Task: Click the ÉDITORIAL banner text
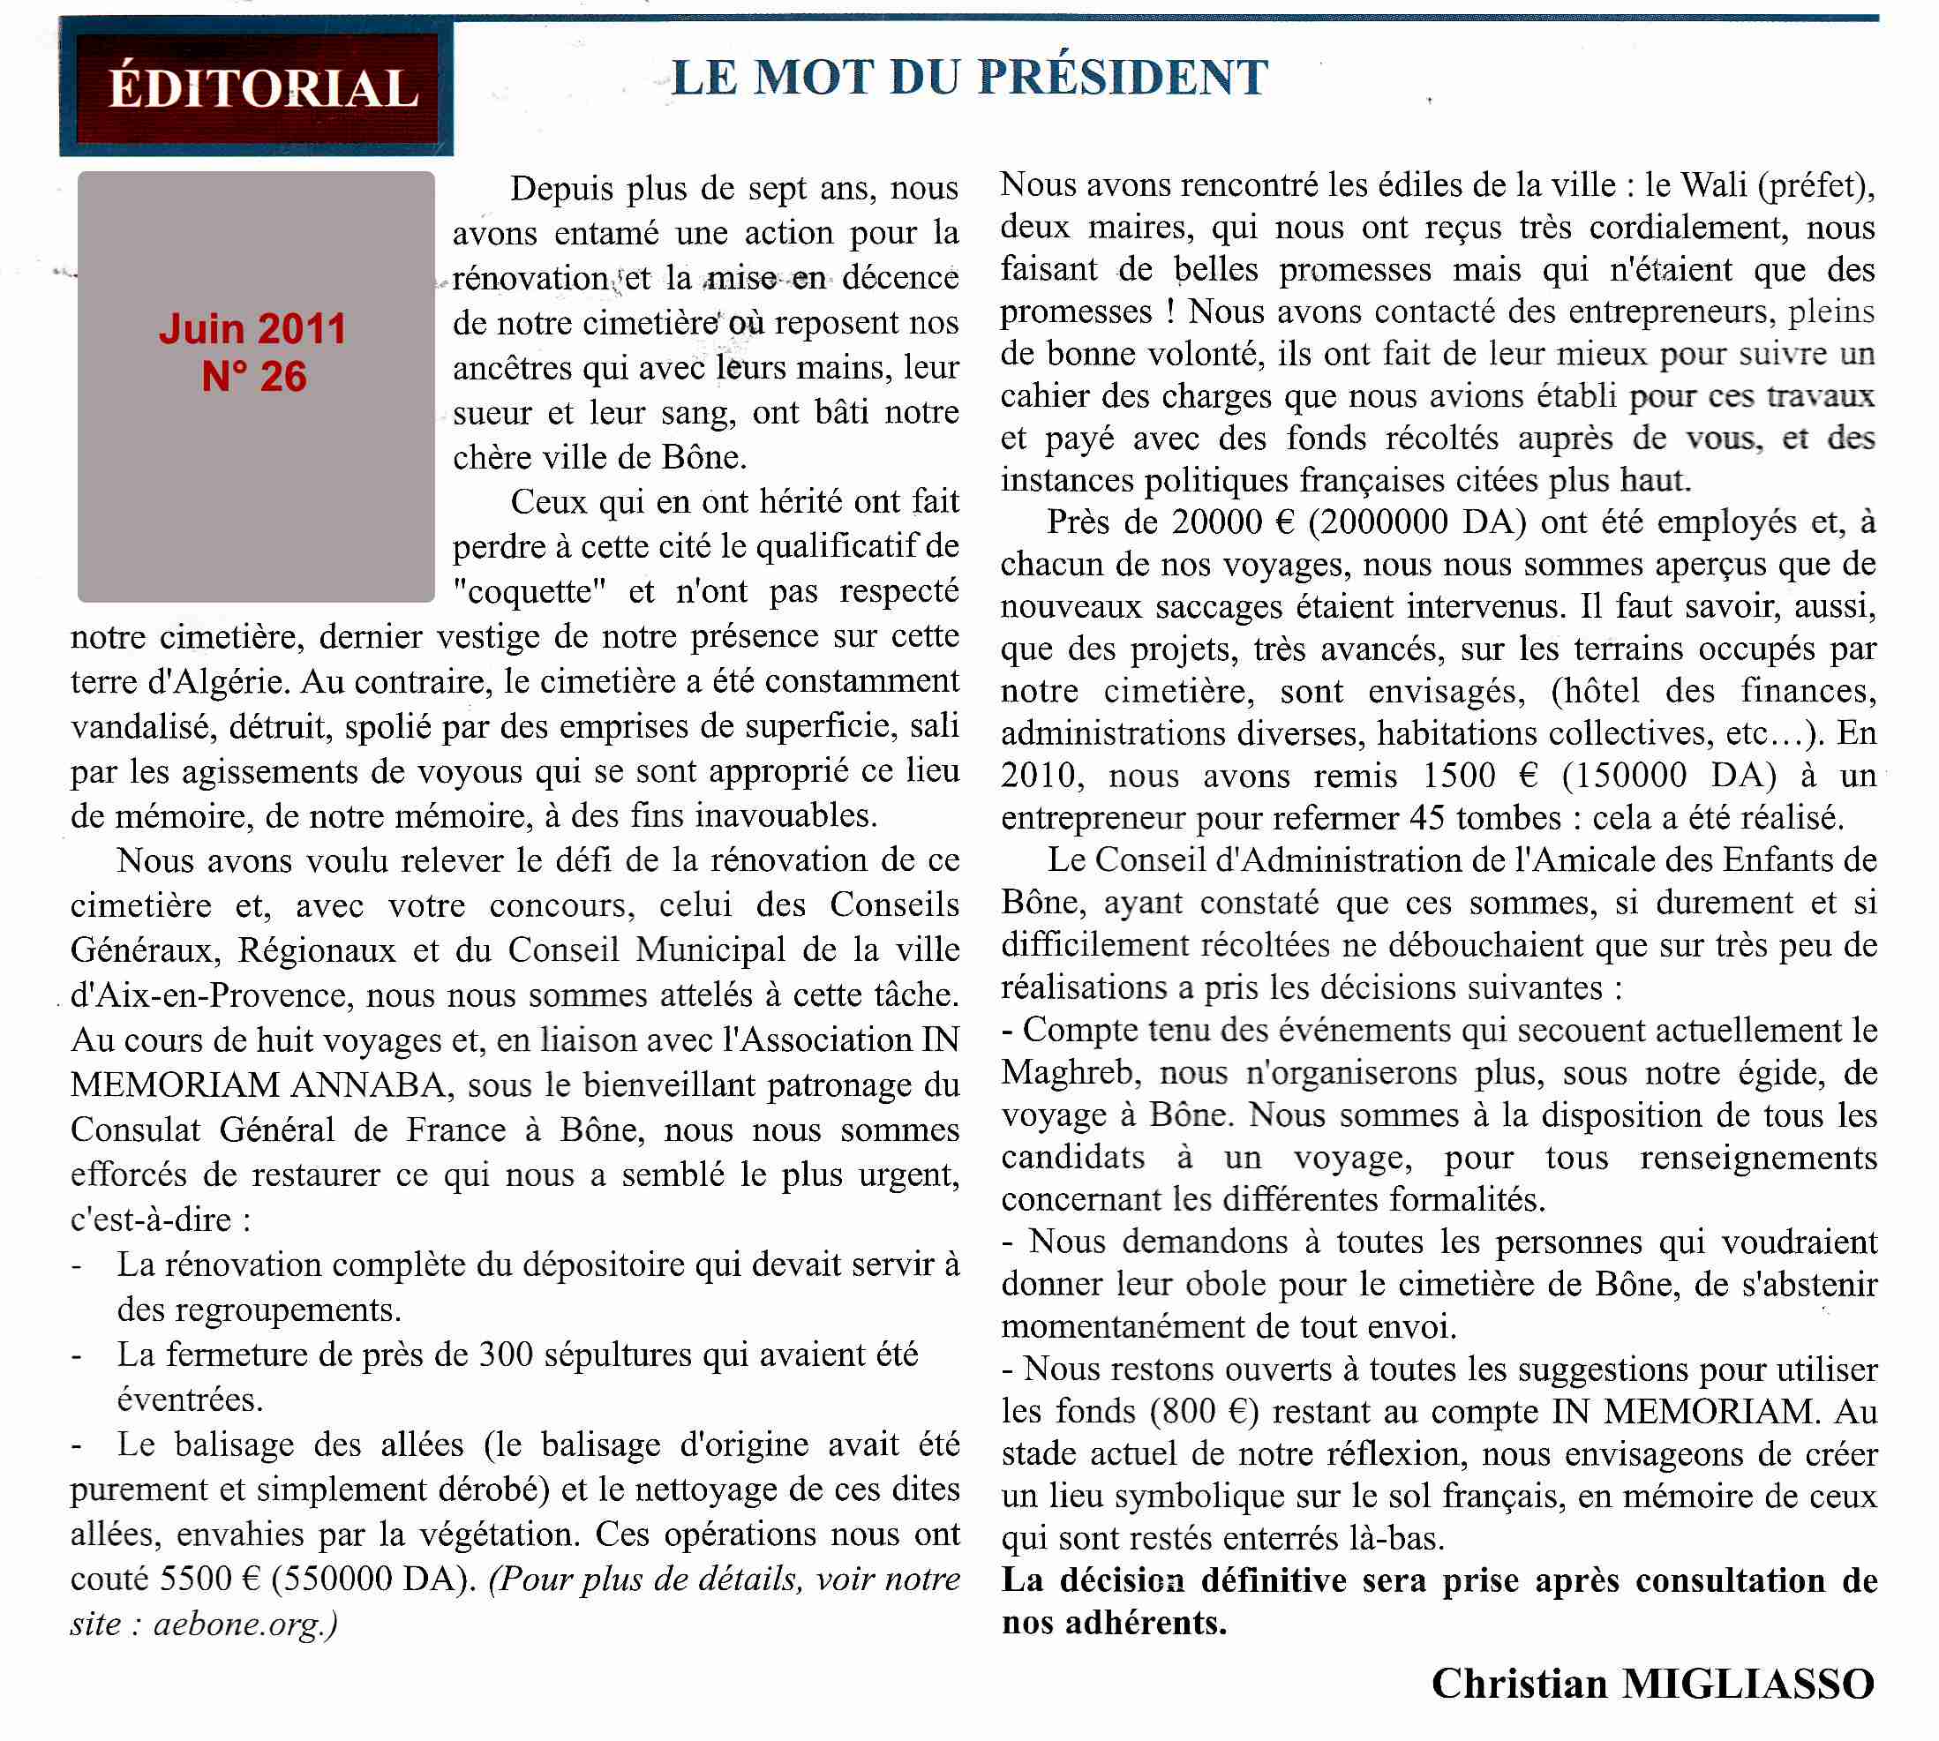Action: click(263, 88)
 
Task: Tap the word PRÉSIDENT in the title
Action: click(1124, 78)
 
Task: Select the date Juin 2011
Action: click(252, 329)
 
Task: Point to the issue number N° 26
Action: click(254, 377)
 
